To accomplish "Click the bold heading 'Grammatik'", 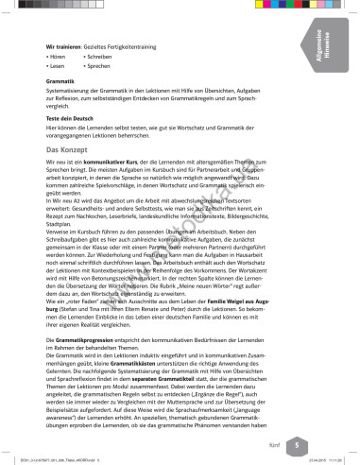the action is click(x=61, y=82).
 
